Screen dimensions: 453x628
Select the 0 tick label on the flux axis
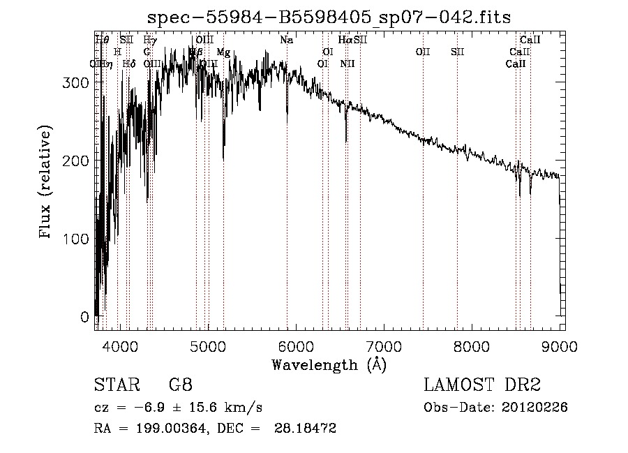point(84,317)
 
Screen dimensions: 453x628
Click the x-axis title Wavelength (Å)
point(329,364)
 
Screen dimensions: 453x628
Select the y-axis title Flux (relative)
point(46,184)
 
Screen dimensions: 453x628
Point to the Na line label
point(287,40)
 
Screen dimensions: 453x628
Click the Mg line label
point(223,52)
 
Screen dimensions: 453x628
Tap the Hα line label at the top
point(345,40)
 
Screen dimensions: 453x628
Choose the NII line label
point(347,64)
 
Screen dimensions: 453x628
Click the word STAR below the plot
point(116,385)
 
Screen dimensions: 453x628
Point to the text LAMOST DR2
point(482,385)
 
